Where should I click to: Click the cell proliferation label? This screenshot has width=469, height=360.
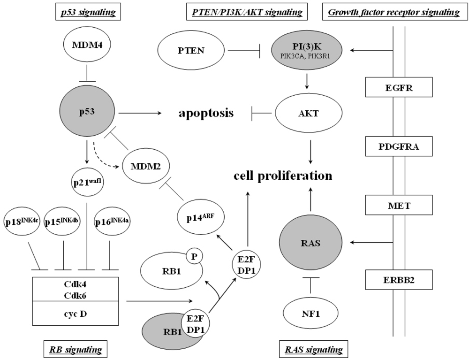point(284,176)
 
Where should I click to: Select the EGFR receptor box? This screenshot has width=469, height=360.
point(398,87)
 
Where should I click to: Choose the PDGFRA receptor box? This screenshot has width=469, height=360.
point(398,146)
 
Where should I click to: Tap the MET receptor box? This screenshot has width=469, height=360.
point(398,205)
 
